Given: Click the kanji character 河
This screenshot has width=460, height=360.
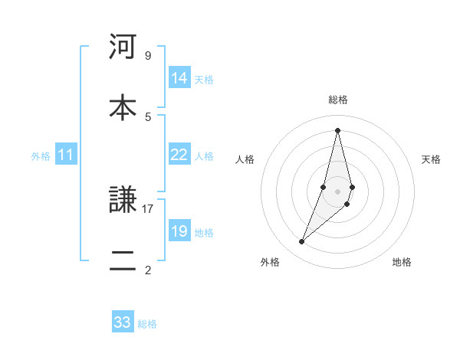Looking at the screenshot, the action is coord(123,47).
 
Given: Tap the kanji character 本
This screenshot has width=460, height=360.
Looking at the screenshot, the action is coord(123,107).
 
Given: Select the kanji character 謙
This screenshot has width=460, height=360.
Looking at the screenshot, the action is coord(123,201).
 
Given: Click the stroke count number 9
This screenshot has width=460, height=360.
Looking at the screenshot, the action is coord(147,56).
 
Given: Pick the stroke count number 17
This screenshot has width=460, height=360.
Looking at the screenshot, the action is coord(148,208).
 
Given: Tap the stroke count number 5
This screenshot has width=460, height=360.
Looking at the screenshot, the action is coord(147,116).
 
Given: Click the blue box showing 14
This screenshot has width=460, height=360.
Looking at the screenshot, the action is coord(179,78).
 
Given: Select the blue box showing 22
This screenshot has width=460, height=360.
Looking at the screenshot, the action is coord(179,155).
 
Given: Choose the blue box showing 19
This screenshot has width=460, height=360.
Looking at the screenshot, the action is coord(179,231).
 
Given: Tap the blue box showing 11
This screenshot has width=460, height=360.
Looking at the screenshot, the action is coord(66,155).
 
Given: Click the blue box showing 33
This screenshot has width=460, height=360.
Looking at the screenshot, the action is coord(123,322).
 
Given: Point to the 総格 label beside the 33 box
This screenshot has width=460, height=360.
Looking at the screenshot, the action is coord(147,324).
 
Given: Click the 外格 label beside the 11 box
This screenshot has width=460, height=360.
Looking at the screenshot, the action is coord(41,156).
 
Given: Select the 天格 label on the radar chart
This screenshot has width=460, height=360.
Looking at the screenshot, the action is coord(432,159).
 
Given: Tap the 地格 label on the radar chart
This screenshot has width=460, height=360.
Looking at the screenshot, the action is coord(402,262).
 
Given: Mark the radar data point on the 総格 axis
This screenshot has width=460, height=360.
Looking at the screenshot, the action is coord(337,129).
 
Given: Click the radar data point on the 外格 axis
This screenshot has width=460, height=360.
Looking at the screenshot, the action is coord(301,242).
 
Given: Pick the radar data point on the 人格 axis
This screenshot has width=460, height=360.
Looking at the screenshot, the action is coord(324,187).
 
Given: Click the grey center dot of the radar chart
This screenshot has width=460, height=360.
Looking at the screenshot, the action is coord(337,191).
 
